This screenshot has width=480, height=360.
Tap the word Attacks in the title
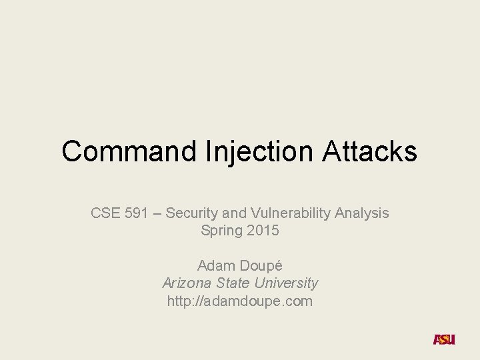click(370, 151)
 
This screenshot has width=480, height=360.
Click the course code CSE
click(104, 213)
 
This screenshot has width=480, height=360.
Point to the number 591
click(137, 213)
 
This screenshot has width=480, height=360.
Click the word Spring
click(221, 231)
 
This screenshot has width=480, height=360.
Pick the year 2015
click(262, 231)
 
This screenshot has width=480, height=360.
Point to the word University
click(287, 283)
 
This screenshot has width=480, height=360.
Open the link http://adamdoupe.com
click(240, 301)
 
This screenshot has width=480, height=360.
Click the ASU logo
click(444, 339)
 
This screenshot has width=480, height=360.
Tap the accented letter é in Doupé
click(278, 265)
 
